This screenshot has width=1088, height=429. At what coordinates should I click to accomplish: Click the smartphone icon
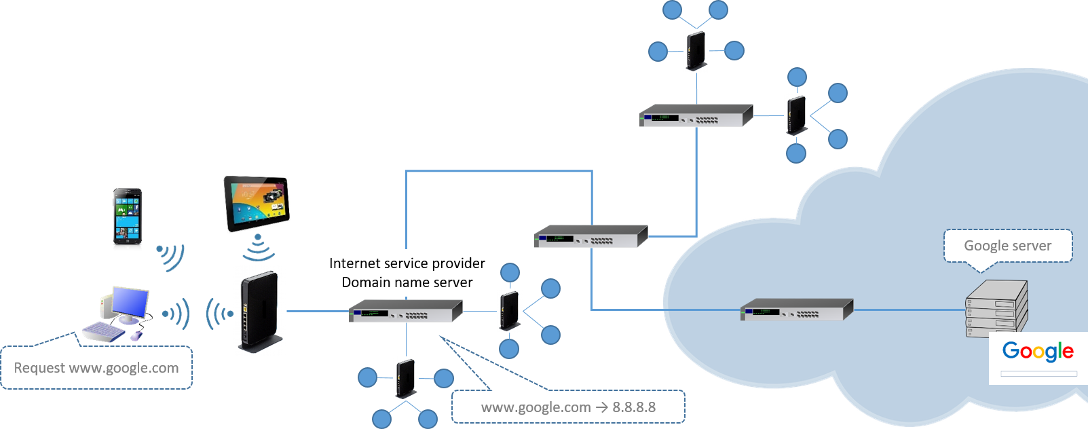point(128,219)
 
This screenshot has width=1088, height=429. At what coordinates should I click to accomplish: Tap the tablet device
point(257,204)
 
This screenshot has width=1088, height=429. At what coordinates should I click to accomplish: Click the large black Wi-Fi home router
point(259,311)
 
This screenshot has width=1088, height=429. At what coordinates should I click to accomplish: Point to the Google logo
point(1038,351)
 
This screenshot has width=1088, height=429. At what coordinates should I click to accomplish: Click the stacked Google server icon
point(996,309)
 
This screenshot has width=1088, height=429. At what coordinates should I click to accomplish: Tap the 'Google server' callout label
point(1007,246)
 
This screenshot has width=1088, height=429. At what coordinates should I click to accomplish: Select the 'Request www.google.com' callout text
point(96,368)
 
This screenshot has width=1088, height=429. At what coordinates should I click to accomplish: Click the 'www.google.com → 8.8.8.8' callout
point(568,407)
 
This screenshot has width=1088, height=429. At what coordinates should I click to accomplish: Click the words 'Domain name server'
point(407,282)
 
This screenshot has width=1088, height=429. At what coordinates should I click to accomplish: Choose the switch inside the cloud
point(796,310)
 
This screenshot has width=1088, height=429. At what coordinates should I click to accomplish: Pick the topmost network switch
point(696,116)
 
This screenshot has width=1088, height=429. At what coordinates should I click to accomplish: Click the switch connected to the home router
point(405,312)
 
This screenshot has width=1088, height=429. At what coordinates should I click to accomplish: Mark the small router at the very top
point(696,50)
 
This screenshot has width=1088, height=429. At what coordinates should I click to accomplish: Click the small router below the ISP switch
point(406,378)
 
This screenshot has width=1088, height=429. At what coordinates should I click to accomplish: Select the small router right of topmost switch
point(796,115)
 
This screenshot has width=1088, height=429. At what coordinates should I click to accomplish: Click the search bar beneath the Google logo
point(1038,374)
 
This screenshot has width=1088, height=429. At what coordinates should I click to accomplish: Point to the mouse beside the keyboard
point(136,335)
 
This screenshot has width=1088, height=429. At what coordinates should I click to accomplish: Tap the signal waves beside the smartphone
point(171,257)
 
